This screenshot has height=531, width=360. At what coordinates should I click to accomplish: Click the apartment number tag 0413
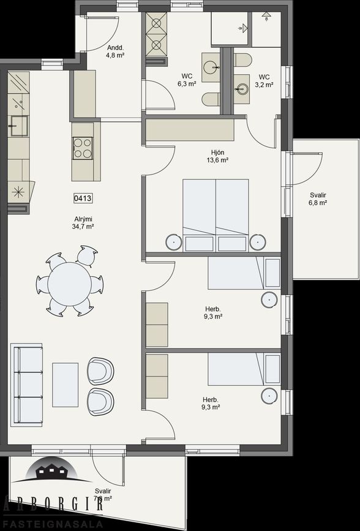(83, 198)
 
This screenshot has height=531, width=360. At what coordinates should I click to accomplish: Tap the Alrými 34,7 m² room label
(83, 222)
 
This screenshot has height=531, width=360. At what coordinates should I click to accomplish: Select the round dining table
(69, 284)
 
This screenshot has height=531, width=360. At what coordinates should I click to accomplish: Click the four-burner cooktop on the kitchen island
(83, 148)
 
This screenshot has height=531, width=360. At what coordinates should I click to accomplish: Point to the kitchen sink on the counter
(18, 125)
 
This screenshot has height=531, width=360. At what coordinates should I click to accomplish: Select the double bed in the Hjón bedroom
(216, 214)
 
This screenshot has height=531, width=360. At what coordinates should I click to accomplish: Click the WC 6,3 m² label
(187, 80)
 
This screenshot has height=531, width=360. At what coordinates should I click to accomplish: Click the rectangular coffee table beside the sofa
(65, 385)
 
